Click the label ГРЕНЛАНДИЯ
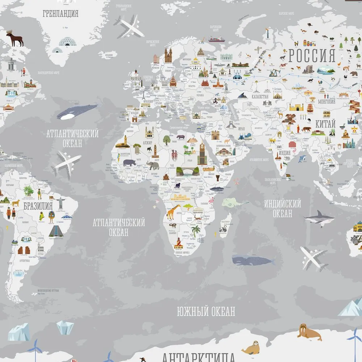(60, 14)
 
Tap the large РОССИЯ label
(312, 56)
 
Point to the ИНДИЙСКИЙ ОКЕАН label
(282, 208)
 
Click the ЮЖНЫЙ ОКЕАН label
(206, 311)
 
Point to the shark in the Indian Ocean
(319, 218)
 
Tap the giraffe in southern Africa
(173, 212)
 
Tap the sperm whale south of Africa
(252, 259)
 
